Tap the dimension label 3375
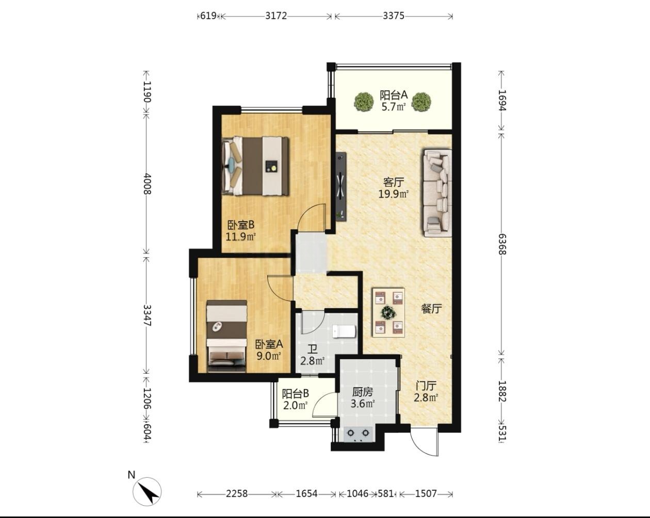[x=393, y=15]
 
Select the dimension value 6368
[x=502, y=244]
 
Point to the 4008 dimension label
[x=147, y=183]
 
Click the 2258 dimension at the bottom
[x=236, y=494]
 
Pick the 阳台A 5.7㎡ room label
[x=393, y=101]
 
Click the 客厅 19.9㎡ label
[x=394, y=188]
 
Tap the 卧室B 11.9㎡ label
[x=241, y=230]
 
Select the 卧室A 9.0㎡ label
[x=269, y=350]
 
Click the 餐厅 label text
[x=431, y=309]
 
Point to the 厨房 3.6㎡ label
[x=363, y=397]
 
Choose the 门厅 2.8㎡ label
[x=426, y=392]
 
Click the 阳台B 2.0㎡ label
[x=295, y=399]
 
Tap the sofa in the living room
[x=437, y=193]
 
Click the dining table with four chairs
[x=388, y=312]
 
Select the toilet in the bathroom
[x=344, y=331]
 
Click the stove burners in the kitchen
[x=359, y=433]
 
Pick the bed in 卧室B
[x=255, y=166]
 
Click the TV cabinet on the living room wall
[x=342, y=187]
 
